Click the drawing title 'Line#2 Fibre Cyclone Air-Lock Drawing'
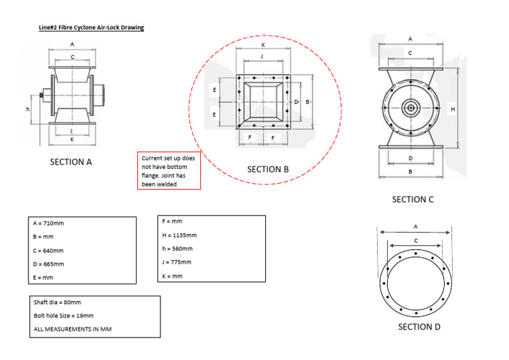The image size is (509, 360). point(91,28)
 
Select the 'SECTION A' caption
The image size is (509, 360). point(71,162)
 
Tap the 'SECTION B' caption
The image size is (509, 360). point(268,169)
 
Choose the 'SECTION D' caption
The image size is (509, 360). point(419,326)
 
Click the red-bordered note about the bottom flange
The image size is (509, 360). point(168,171)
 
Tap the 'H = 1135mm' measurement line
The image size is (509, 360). point(180,235)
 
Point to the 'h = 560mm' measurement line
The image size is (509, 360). point(178,249)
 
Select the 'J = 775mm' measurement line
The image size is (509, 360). point(177,262)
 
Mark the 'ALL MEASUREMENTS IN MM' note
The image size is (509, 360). point(72,328)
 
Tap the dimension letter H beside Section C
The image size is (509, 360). point(453,109)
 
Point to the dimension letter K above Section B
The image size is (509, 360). point(264,44)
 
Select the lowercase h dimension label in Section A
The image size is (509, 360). point(28,108)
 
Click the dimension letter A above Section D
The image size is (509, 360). point(416,227)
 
